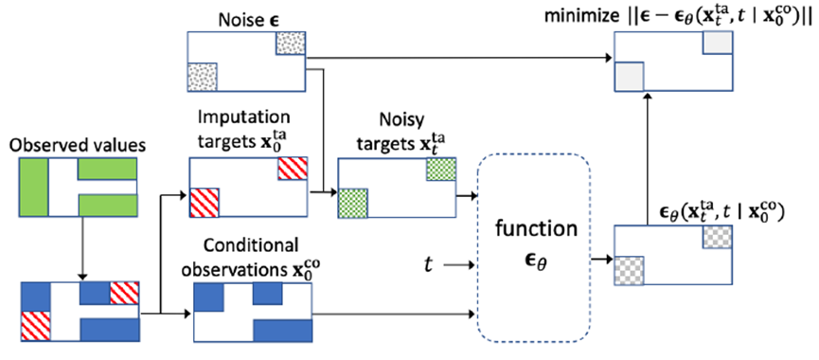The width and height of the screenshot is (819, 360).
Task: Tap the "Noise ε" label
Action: pos(245,21)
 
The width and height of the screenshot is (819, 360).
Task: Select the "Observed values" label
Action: pos(79,147)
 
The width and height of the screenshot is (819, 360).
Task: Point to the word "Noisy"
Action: pos(397,123)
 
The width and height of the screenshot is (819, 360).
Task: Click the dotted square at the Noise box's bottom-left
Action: pos(202,77)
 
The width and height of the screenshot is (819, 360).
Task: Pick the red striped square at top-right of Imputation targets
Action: pos(293,169)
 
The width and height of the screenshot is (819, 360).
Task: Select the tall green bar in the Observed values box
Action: pos(34,188)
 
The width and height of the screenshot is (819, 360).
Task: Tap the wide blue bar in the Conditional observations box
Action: pos(283,331)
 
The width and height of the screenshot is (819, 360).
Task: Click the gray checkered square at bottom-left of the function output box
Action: pos(629,271)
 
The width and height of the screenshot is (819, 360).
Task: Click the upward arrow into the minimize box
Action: pos(648,158)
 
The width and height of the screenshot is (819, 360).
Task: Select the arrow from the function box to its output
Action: pos(602,259)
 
